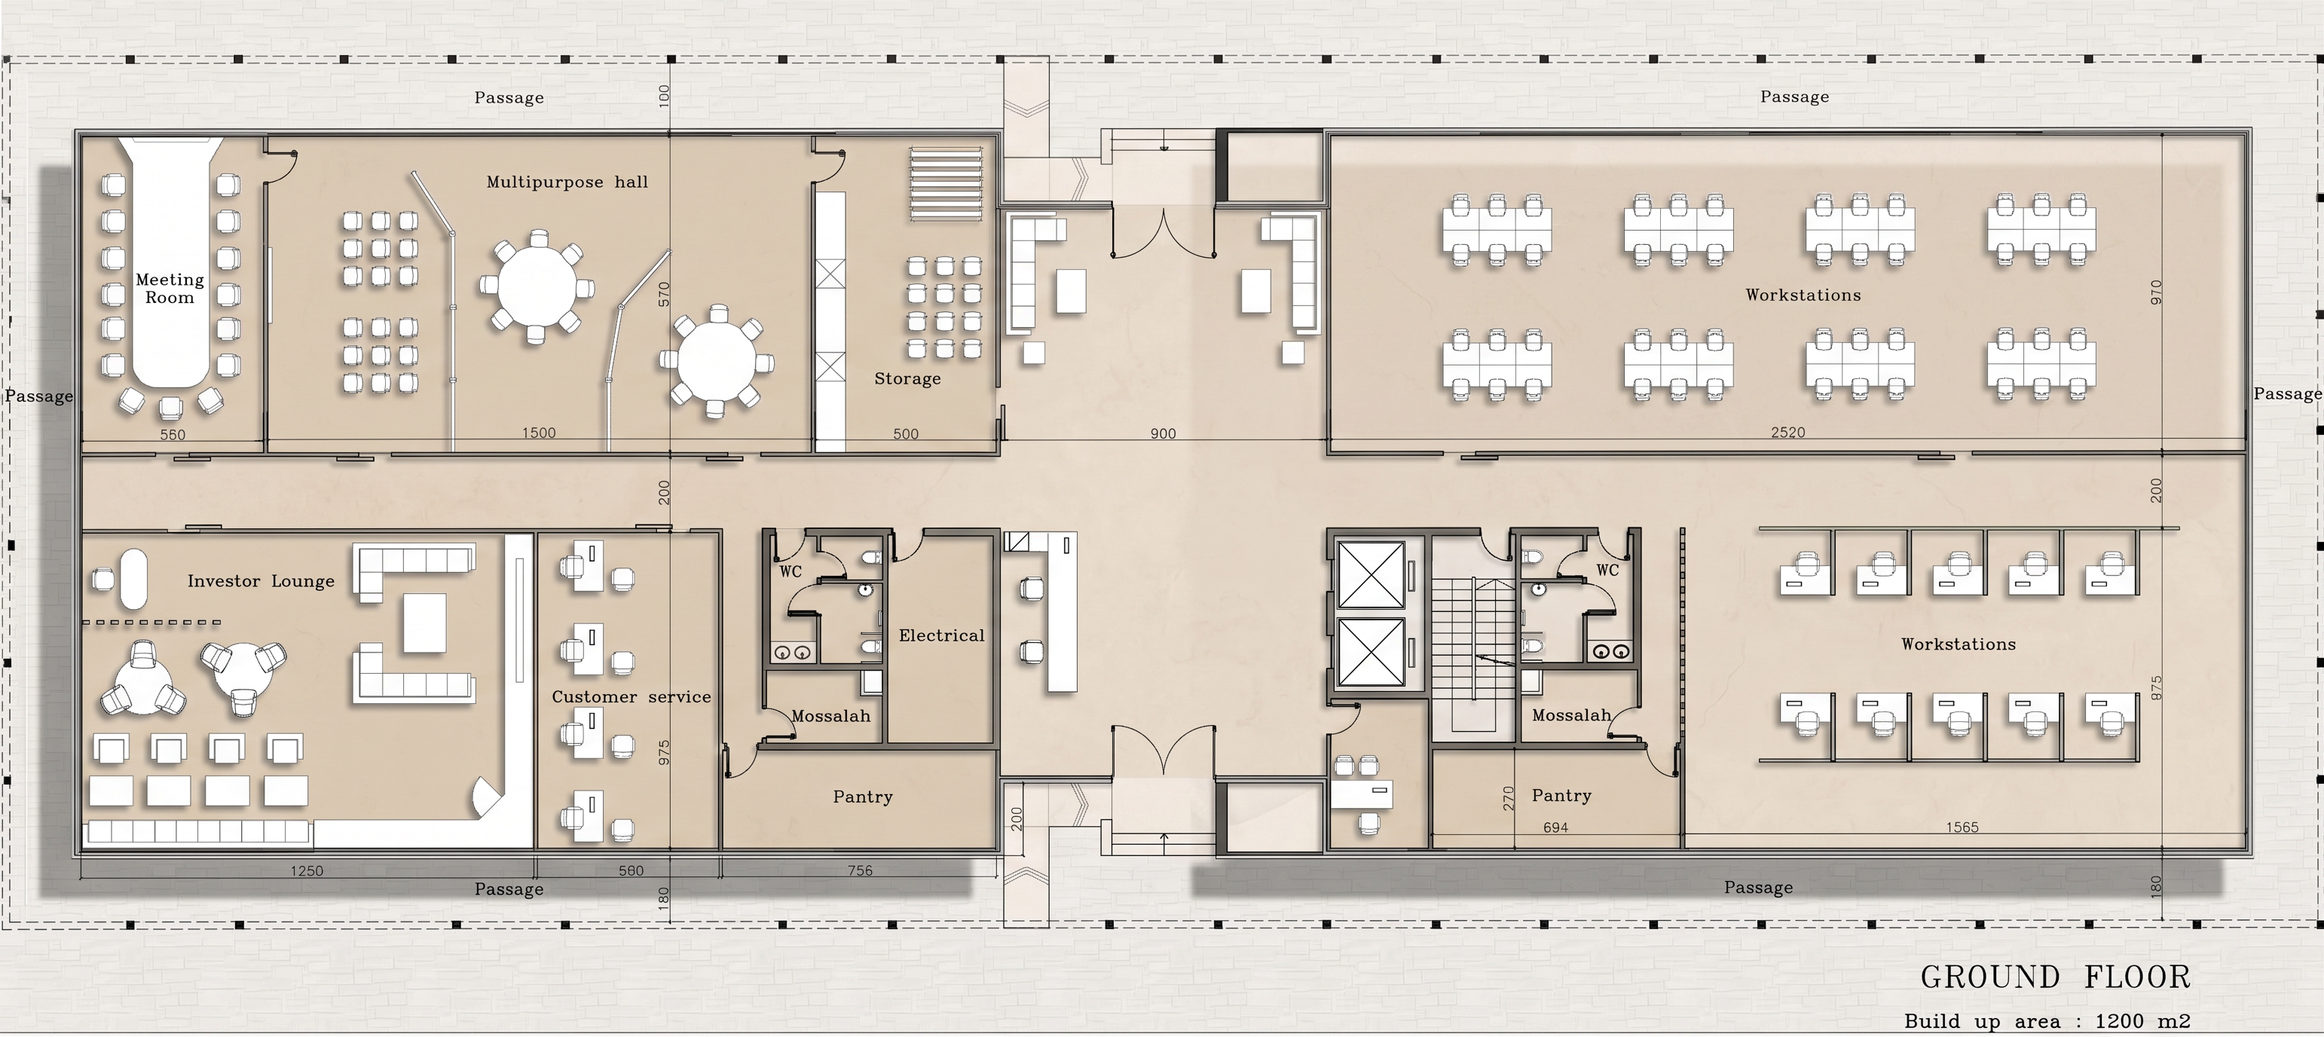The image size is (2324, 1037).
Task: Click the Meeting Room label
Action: (x=170, y=289)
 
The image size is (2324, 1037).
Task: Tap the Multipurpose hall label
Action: (x=567, y=182)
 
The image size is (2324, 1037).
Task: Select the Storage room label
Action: (x=907, y=379)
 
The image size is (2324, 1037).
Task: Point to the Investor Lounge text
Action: (x=261, y=581)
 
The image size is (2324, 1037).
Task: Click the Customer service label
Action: (x=631, y=697)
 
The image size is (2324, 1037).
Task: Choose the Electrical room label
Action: (x=942, y=635)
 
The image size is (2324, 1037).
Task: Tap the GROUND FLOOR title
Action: (x=2055, y=977)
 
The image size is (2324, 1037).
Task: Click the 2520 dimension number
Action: (x=1788, y=433)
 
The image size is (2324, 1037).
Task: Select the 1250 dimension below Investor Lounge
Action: (x=307, y=871)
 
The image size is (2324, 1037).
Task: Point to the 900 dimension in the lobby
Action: (x=1163, y=434)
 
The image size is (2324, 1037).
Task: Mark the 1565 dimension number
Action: (x=1962, y=827)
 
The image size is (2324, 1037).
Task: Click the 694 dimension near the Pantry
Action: (x=1555, y=827)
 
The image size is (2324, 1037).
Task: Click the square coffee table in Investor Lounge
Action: (x=425, y=623)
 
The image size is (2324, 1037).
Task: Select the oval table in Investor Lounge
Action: (x=133, y=579)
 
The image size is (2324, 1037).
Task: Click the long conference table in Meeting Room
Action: (x=171, y=262)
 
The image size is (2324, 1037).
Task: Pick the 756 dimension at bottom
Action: (x=860, y=871)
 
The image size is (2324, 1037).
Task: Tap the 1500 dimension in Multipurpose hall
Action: (x=539, y=433)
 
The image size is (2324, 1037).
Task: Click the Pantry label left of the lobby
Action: (x=863, y=797)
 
